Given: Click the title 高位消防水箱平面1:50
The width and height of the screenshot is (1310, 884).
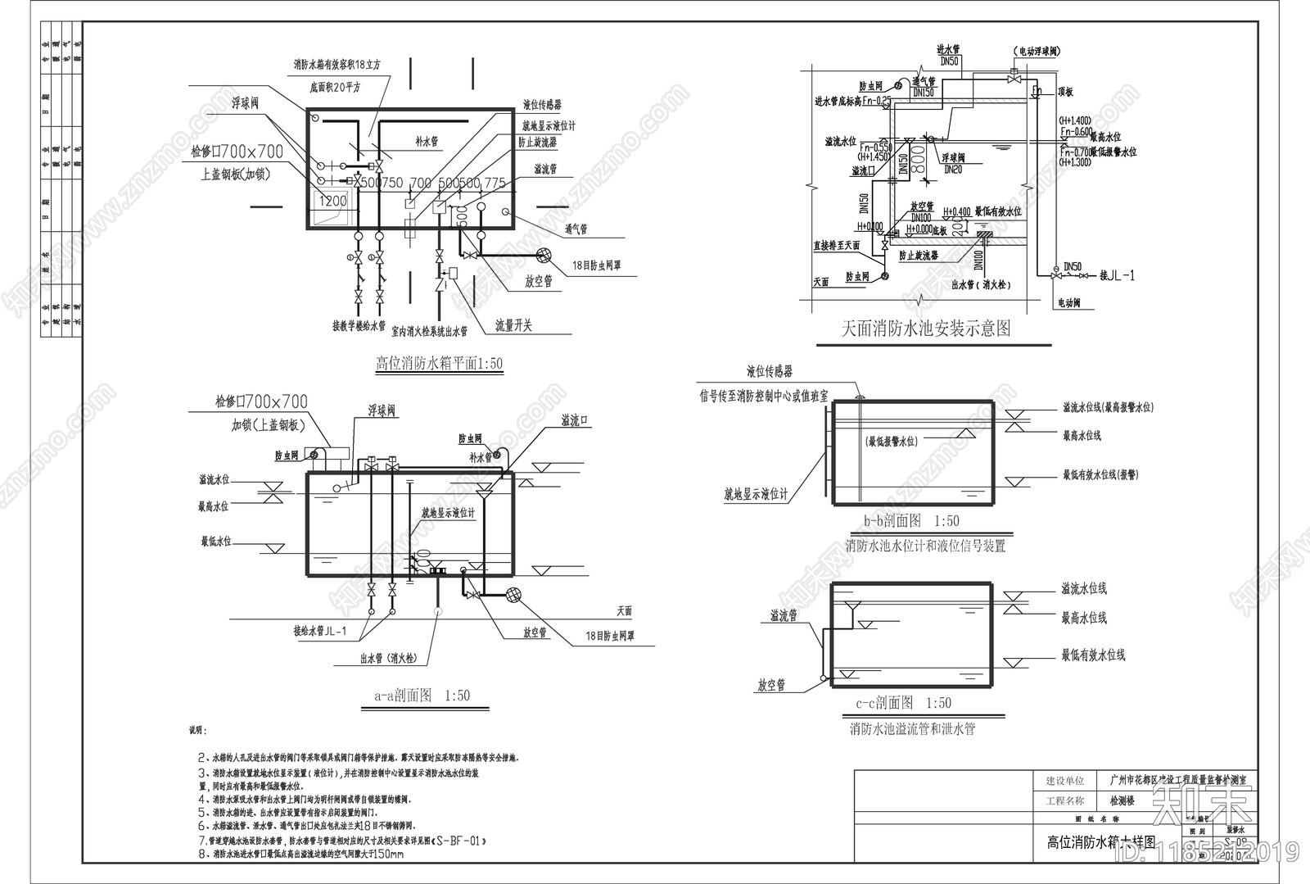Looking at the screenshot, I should pyautogui.click(x=439, y=363).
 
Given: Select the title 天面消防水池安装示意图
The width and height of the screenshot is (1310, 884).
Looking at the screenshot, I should pyautogui.click(x=926, y=329).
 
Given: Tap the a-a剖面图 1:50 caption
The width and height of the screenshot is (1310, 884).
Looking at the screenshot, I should pyautogui.click(x=422, y=696).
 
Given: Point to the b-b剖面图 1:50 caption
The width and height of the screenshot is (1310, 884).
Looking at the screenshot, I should pyautogui.click(x=911, y=521).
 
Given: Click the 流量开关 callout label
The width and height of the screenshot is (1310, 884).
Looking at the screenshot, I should pyautogui.click(x=513, y=326).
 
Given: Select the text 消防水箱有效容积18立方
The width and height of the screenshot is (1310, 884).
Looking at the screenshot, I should pyautogui.click(x=337, y=65).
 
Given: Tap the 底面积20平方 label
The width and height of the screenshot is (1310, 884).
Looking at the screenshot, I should pyautogui.click(x=335, y=87).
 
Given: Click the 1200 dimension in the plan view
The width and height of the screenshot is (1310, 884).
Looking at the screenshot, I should pyautogui.click(x=332, y=201).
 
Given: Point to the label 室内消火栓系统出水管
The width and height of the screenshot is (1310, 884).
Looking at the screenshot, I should pyautogui.click(x=429, y=332).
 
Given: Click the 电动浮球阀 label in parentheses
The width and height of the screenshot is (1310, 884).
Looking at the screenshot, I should pyautogui.click(x=1038, y=51).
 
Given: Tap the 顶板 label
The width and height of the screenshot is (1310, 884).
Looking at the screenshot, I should pyautogui.click(x=1065, y=93).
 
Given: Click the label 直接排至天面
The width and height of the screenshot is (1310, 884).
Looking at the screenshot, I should pyautogui.click(x=836, y=245).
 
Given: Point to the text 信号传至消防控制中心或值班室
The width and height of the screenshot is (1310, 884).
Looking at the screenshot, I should pyautogui.click(x=763, y=397).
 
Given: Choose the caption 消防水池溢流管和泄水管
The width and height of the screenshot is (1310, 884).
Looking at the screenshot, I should pyautogui.click(x=912, y=728).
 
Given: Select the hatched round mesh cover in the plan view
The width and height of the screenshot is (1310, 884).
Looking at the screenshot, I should pyautogui.click(x=543, y=256).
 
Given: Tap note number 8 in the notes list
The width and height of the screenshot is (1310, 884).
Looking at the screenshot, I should pyautogui.click(x=201, y=854).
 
